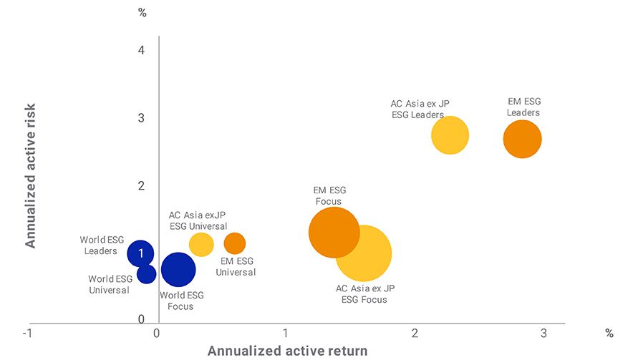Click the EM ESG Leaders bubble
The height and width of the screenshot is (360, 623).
coord(522,139)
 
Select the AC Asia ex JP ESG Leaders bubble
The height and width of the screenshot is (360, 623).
coord(450,135)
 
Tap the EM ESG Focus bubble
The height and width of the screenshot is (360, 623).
coord(334,232)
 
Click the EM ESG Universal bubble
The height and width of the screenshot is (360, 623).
coord(234,243)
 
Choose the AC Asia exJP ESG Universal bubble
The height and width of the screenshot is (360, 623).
coord(201,245)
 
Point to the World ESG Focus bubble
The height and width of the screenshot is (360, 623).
coord(178,270)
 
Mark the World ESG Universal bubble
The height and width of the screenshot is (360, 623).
coord(146,273)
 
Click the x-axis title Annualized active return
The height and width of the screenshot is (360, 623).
coord(287,351)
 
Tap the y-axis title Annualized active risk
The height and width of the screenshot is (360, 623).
coord(31,175)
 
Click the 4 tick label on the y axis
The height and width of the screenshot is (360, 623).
coord(142,50)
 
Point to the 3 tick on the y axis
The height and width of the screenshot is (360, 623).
coord(142,117)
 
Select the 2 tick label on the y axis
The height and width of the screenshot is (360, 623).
coord(142,185)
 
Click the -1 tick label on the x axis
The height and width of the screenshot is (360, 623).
coord(27,334)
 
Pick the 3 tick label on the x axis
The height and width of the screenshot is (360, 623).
coord(544,334)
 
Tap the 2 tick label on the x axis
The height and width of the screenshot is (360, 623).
coord(415,334)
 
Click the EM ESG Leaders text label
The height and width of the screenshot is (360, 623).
coord(523,107)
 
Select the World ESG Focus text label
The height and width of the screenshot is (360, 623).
coord(181,301)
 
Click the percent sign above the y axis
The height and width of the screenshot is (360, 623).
coord(142,12)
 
